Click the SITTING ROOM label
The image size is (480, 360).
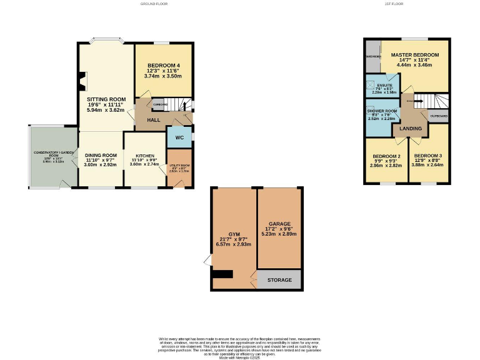[106, 99]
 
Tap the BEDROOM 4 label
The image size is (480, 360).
[164, 66]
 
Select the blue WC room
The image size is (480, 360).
[179, 137]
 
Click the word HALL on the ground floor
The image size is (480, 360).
[154, 119]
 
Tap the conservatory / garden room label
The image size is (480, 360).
[54, 154]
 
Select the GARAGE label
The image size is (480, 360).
[279, 223]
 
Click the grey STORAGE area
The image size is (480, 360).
[279, 280]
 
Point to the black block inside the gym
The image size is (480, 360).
[222, 274]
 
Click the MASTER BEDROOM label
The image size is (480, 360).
[415, 55]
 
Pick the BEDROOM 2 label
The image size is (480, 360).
[386, 156]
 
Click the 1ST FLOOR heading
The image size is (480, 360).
[394, 4]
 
